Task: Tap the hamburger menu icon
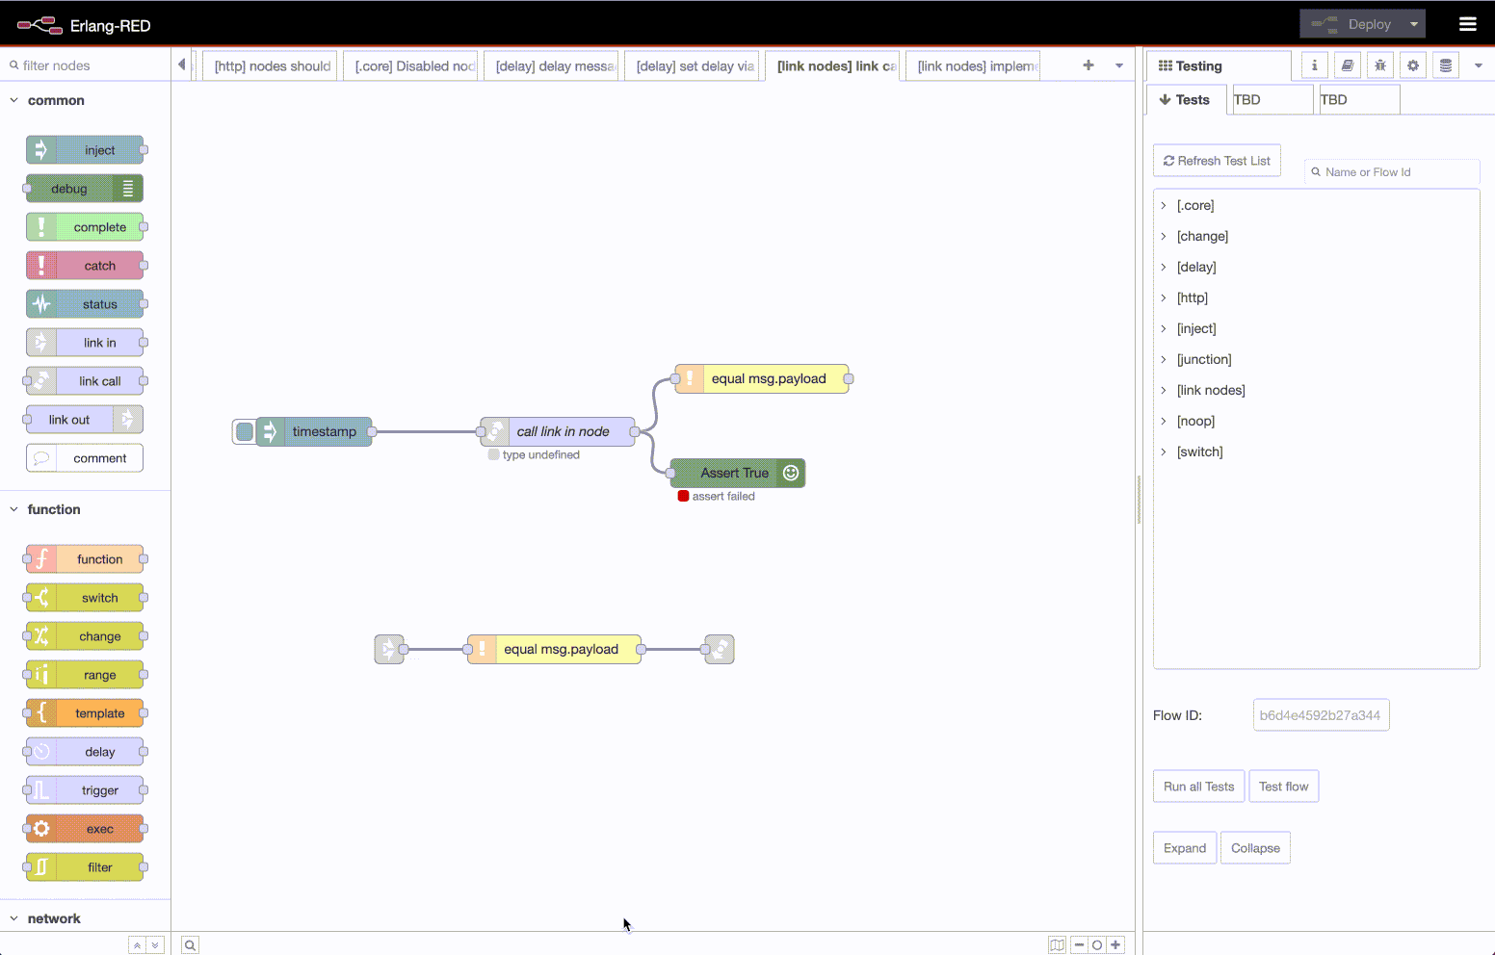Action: coord(1467,25)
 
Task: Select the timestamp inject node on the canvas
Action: coord(314,431)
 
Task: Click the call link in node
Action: coord(558,431)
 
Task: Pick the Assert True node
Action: coord(738,473)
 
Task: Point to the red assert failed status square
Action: coord(683,496)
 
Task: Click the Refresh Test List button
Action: coord(1217,161)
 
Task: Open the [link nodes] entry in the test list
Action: coord(1211,390)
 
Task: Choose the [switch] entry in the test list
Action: coord(1199,452)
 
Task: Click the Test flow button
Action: coord(1283,787)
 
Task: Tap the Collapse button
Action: coord(1255,848)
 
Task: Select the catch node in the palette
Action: coord(85,266)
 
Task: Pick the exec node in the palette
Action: coord(85,829)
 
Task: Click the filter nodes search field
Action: coord(91,65)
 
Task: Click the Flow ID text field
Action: coord(1321,715)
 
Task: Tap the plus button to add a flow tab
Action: coord(1088,65)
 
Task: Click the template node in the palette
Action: coord(85,713)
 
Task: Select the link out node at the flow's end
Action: coord(720,650)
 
